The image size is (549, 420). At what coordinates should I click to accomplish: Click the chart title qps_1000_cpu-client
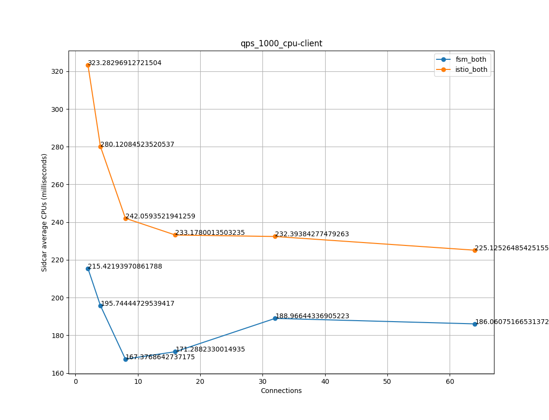281,43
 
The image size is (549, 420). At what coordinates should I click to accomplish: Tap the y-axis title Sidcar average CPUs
44,212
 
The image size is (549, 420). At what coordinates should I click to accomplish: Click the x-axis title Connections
281,391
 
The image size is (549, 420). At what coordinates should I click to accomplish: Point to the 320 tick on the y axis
57,71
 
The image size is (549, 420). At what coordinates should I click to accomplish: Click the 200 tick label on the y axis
57,298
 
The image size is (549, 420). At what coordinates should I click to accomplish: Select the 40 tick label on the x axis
325,381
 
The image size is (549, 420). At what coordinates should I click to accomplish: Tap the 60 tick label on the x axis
450,381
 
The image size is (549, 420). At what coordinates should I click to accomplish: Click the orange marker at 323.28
88,65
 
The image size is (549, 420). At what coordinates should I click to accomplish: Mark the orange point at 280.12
100,147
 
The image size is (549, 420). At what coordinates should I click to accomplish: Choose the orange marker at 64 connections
475,250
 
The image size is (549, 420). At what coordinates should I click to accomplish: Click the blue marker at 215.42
88,269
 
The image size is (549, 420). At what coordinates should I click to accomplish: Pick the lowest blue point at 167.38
125,359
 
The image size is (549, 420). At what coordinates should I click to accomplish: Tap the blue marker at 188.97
275,318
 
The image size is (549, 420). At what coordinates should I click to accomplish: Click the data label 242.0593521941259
160,217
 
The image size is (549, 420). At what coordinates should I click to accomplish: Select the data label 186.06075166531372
512,322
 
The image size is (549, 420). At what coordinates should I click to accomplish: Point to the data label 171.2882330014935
210,349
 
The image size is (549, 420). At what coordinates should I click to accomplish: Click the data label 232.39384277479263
312,234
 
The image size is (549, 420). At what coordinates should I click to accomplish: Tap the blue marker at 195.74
100,306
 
